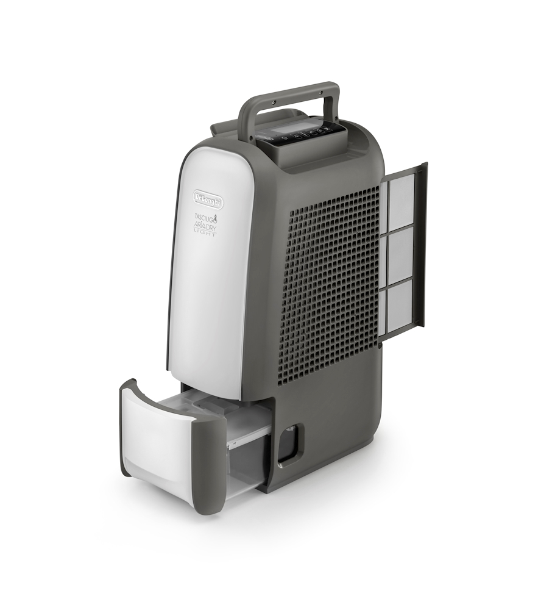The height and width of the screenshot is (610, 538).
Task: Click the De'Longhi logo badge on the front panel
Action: pyautogui.click(x=208, y=199)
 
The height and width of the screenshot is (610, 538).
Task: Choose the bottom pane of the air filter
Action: pyautogui.click(x=400, y=308)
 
